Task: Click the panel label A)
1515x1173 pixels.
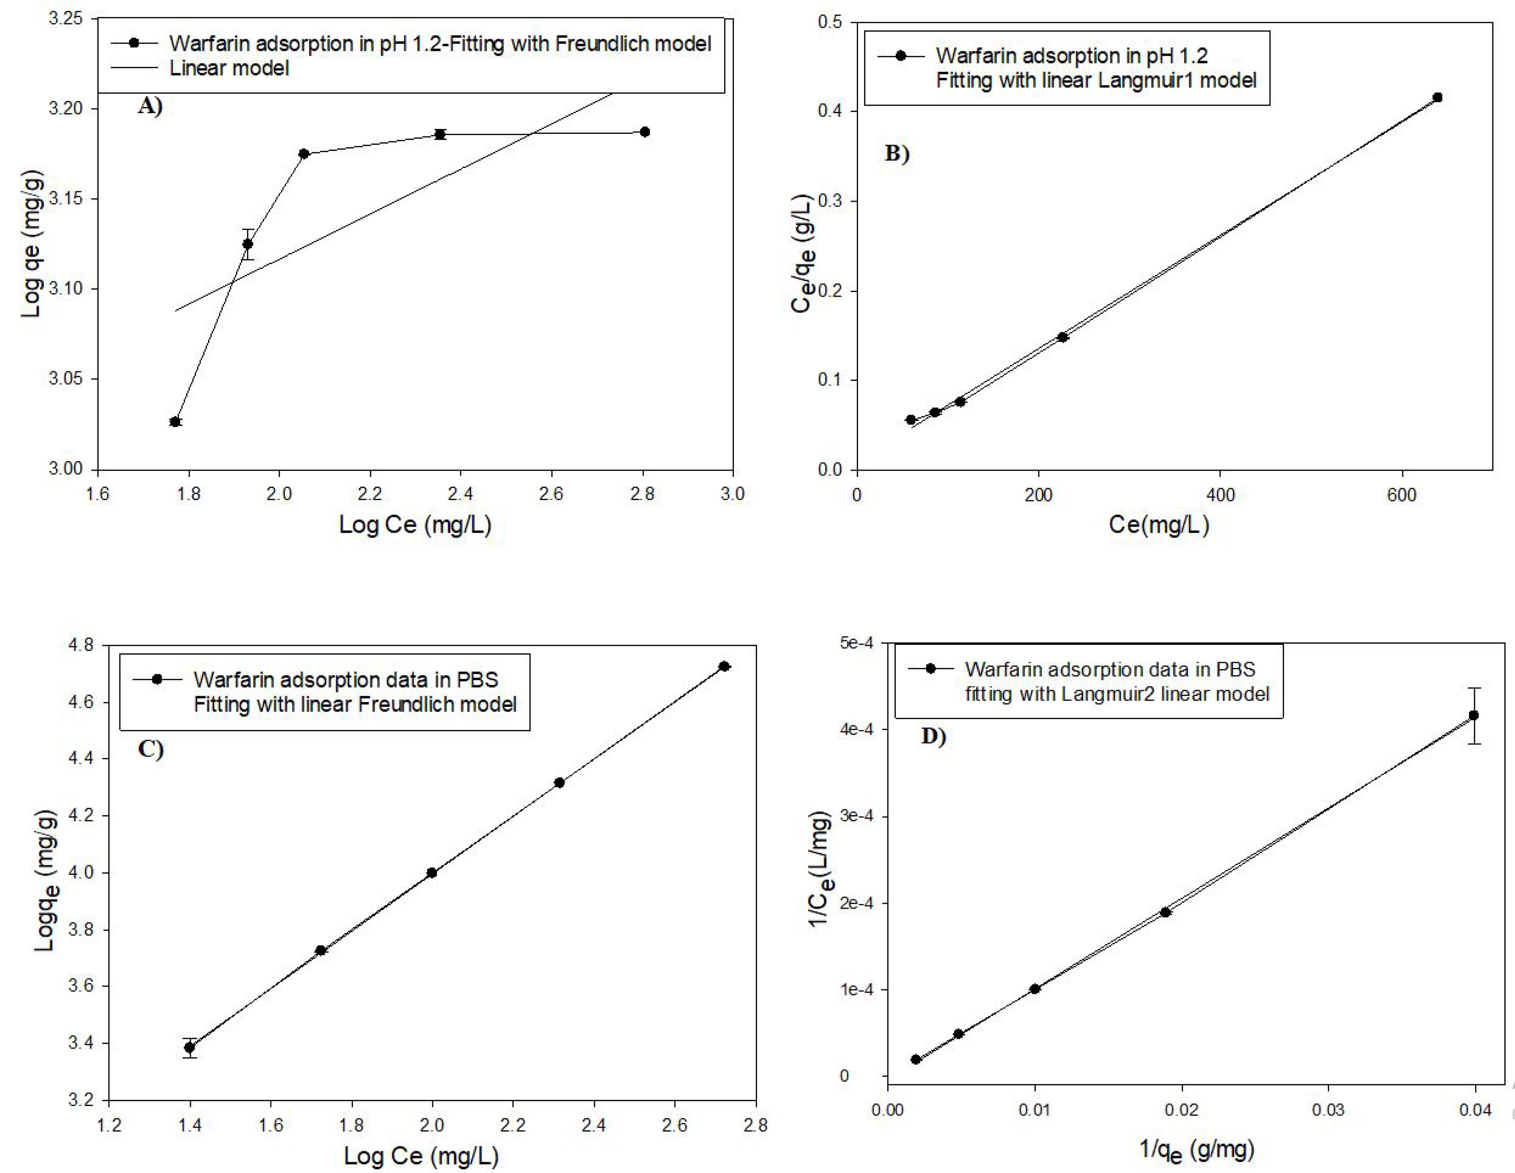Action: (150, 106)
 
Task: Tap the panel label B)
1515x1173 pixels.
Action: (897, 153)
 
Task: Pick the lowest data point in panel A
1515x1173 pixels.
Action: (175, 422)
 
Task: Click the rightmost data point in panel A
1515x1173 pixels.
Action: (645, 132)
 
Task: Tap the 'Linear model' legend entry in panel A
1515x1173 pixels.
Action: (229, 68)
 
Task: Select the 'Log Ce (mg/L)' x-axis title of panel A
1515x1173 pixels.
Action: (415, 524)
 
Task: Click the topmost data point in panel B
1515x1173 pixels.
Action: (1437, 98)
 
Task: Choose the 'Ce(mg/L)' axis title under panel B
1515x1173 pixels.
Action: (1159, 524)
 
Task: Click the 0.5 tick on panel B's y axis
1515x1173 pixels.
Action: (830, 22)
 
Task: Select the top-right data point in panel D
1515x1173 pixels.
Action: (1474, 715)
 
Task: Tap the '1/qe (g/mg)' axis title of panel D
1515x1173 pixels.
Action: (1197, 1150)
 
